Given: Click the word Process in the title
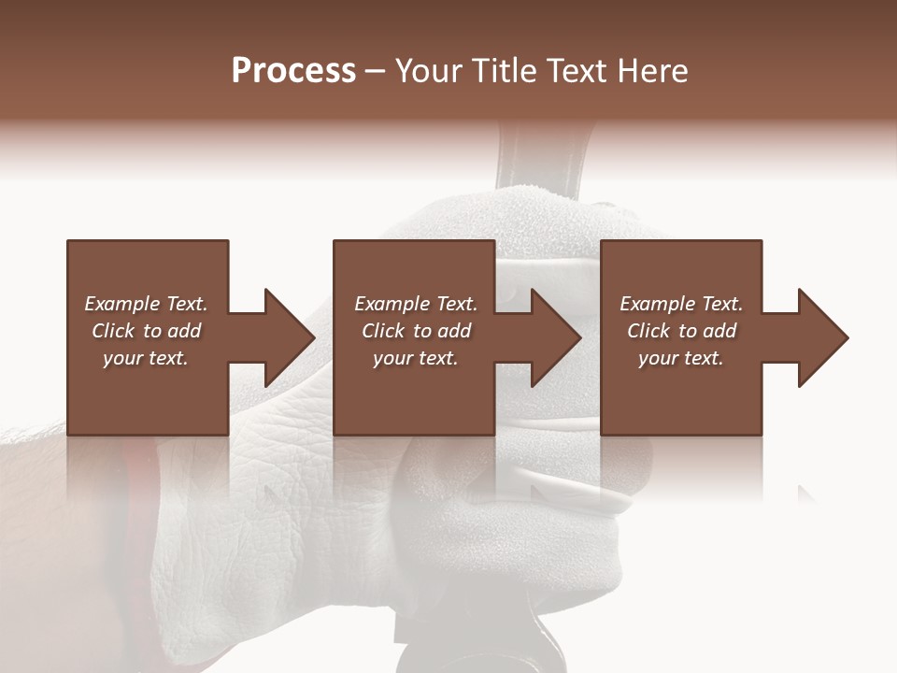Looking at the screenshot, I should pyautogui.click(x=293, y=71).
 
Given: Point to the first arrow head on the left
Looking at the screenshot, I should pyautogui.click(x=284, y=337).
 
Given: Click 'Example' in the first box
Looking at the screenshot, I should pyautogui.click(x=122, y=304).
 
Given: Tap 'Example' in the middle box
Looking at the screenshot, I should pyautogui.click(x=392, y=304).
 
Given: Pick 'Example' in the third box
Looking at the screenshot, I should pyautogui.click(x=658, y=304).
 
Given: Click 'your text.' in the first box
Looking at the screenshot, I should pyautogui.click(x=146, y=358).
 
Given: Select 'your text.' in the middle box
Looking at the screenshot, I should pyautogui.click(x=416, y=358).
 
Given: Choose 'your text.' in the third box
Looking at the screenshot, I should pyautogui.click(x=681, y=358).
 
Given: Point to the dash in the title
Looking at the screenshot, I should pyautogui.click(x=375, y=72).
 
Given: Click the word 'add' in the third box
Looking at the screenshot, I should pyautogui.click(x=720, y=331).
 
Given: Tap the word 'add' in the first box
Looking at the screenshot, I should pyautogui.click(x=184, y=331).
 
